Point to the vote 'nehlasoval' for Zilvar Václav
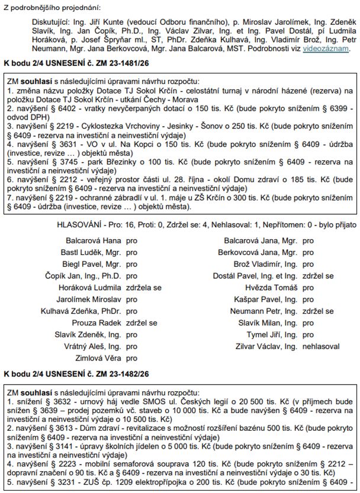[320, 346]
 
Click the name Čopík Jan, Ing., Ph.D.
[83, 276]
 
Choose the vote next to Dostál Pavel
[317, 276]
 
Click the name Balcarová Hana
[94, 241]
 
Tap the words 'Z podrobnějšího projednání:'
[53, 7]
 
